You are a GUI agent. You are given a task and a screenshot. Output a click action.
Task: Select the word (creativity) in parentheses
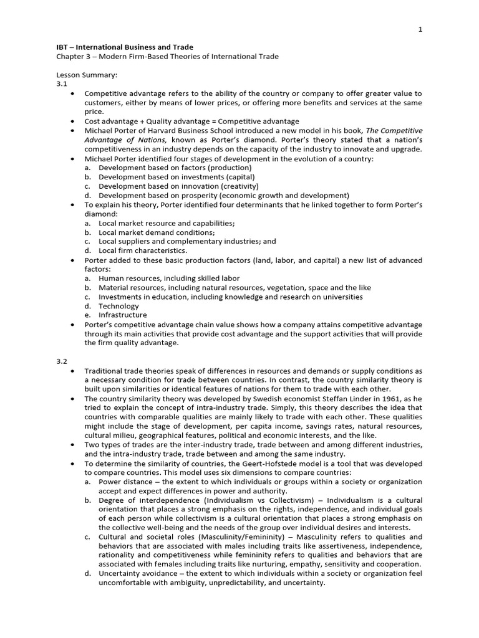236,186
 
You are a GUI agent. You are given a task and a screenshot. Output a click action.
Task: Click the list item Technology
119,306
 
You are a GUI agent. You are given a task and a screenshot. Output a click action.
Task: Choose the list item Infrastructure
122,315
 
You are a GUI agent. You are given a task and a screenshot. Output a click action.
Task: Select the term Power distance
123,482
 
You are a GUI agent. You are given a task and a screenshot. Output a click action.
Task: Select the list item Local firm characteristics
143,250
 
